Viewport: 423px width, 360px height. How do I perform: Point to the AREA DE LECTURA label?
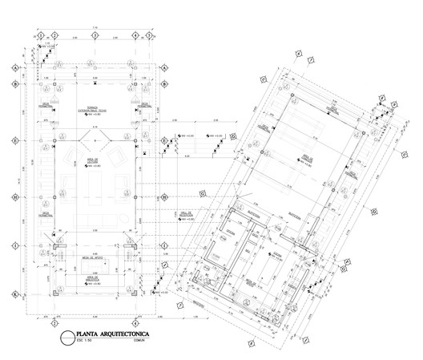pyautogui.click(x=93, y=161)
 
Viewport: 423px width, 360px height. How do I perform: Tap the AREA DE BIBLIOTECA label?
pyautogui.click(x=94, y=278)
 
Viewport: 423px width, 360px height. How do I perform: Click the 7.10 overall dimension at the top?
pyautogui.click(x=94, y=27)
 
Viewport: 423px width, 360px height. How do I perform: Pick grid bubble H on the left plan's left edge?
pyautogui.click(x=14, y=197)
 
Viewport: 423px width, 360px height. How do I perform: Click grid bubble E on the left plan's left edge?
pyautogui.click(x=14, y=141)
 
